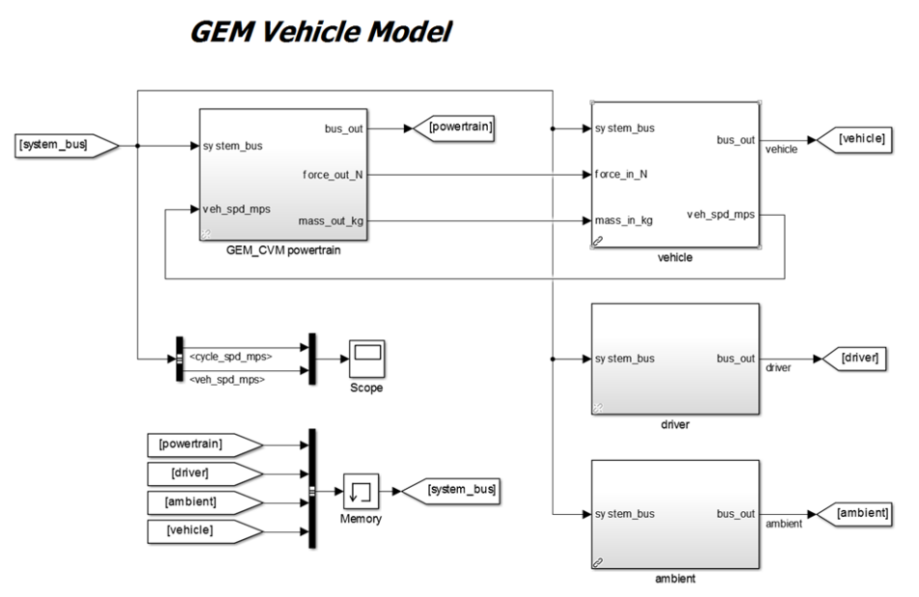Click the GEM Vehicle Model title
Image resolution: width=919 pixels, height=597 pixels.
tap(320, 32)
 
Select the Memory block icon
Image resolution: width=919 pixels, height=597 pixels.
tap(360, 491)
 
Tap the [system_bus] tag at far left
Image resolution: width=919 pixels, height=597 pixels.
tap(60, 146)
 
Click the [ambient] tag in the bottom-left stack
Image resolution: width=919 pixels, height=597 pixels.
tap(196, 502)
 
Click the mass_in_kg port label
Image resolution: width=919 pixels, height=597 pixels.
tap(624, 221)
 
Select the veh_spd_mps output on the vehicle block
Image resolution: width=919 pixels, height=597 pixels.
tap(720, 214)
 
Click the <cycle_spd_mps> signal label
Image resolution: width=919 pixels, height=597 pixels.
tap(230, 356)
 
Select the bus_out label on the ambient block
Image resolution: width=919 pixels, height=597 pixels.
tap(736, 514)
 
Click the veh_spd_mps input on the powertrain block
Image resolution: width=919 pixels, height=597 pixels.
tap(236, 208)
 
